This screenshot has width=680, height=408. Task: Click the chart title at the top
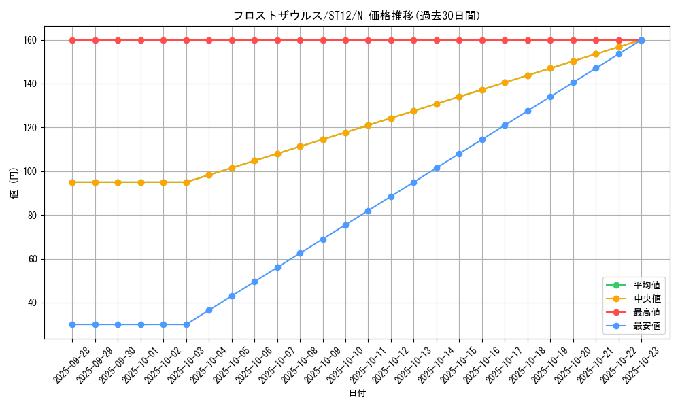[357, 16]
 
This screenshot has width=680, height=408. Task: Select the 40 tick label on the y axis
[33, 303]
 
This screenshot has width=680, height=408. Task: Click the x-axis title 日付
[357, 394]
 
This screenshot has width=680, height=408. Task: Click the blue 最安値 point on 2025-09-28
[72, 324]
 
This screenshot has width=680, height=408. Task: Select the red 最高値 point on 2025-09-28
[72, 40]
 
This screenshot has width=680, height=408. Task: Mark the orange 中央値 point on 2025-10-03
[186, 182]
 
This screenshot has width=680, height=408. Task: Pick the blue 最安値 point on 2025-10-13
[413, 182]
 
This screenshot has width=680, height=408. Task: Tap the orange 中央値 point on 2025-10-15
[459, 97]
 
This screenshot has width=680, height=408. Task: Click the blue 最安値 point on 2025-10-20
[573, 82]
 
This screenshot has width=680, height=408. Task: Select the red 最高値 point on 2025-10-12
[391, 40]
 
